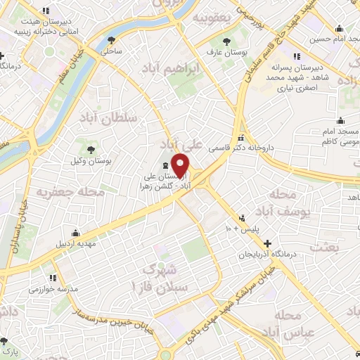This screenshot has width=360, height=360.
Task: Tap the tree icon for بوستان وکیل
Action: (91, 148)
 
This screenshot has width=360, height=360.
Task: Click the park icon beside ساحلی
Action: (112, 40)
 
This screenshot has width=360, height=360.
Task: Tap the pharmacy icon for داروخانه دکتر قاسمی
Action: (241, 138)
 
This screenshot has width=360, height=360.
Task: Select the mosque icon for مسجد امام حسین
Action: (340, 29)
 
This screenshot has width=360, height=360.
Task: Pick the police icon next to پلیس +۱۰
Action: (243, 218)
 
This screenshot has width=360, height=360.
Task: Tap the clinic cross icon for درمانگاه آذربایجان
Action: (267, 243)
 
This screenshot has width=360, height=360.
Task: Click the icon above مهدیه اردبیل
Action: (75, 233)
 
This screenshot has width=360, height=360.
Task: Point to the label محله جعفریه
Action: (70, 191)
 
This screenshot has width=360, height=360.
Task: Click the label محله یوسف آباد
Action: (285, 200)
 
